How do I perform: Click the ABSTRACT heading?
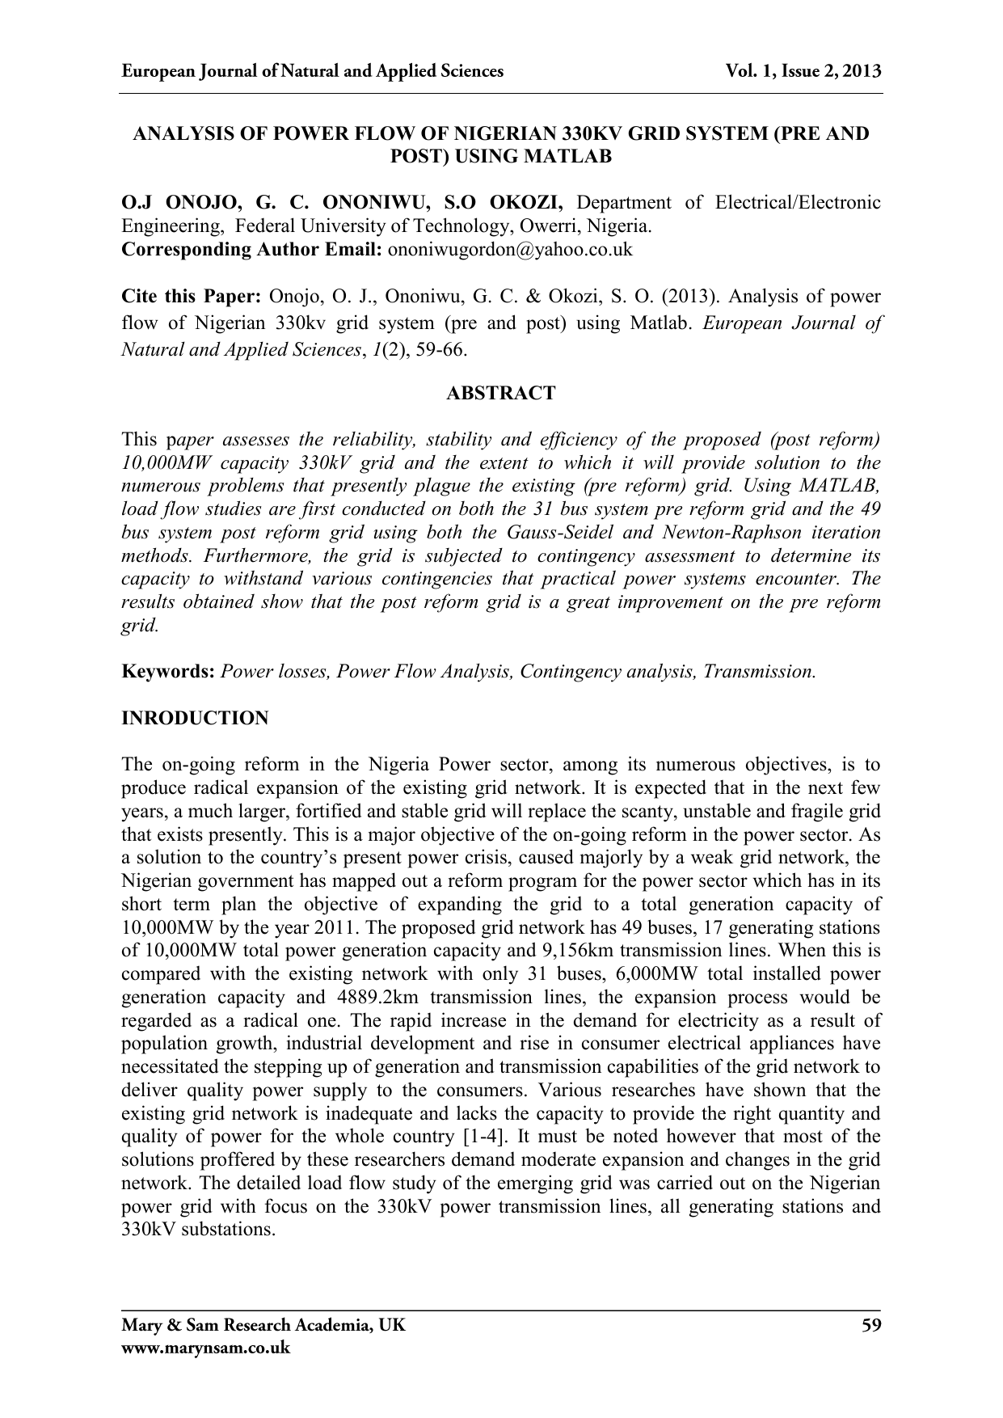501,394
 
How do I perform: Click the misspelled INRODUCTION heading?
194,718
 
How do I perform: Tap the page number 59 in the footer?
870,1325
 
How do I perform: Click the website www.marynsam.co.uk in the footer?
204,1348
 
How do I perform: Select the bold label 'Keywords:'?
168,672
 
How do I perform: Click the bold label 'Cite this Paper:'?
192,298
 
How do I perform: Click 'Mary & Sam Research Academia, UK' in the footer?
263,1325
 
